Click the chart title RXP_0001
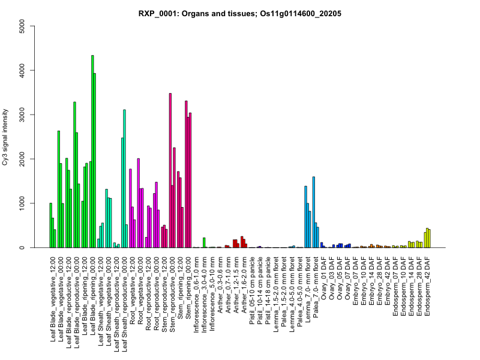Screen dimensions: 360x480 pyautogui.click(x=240, y=13)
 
